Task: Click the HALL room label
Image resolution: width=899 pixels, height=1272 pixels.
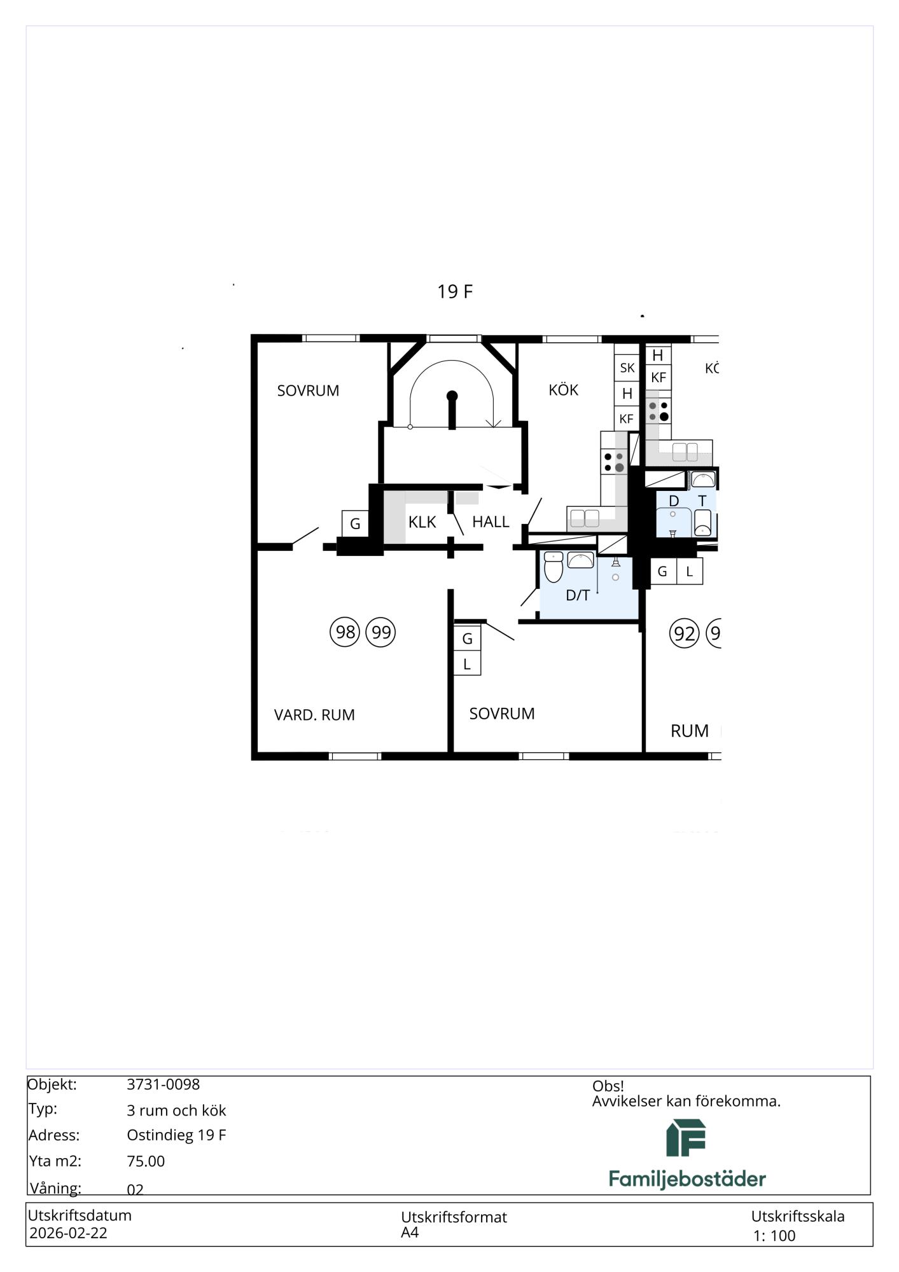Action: pos(491,522)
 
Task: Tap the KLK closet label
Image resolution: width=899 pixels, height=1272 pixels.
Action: pos(422,522)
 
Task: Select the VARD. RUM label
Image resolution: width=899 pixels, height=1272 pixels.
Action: pos(314,715)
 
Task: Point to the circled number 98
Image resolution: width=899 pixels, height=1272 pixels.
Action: pos(345,632)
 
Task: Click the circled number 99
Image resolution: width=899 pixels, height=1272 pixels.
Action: pos(380,632)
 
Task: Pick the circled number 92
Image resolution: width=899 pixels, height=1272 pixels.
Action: pos(684,633)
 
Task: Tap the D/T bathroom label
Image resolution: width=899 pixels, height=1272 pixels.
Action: pos(578,595)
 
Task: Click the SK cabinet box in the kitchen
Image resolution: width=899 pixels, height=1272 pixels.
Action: pos(627,368)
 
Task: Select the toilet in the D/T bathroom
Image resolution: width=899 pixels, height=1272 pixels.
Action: pos(554,567)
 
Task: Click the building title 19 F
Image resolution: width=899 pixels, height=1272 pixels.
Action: pos(455,291)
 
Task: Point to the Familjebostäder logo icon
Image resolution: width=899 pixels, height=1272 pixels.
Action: pos(686,1138)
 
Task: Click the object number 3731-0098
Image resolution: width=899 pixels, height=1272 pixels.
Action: pos(164,1084)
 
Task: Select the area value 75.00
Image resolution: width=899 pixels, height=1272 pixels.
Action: pos(146,1161)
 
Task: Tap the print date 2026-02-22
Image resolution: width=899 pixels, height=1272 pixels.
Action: pos(69,1233)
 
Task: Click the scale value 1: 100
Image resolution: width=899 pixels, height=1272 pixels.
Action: pos(774,1236)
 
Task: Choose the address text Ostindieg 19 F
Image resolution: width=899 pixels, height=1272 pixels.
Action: pos(176,1135)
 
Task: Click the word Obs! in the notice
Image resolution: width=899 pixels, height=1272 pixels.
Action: pos(608,1086)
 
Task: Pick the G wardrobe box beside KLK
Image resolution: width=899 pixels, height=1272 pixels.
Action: pos(355,523)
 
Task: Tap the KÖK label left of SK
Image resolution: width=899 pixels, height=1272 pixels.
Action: pos(563,390)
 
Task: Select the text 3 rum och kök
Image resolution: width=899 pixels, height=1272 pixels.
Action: pos(176,1110)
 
